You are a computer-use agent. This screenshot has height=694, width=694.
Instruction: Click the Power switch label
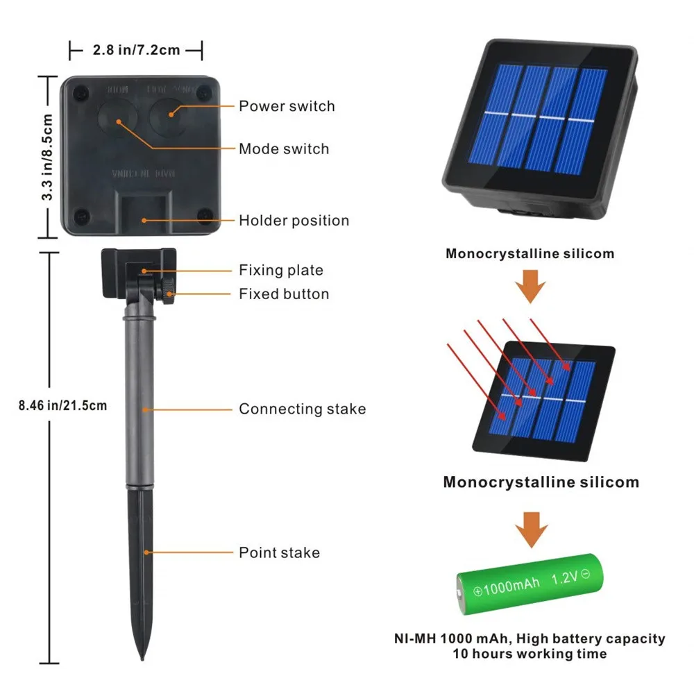[x=287, y=106]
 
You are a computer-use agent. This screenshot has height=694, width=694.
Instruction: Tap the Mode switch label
[x=284, y=149]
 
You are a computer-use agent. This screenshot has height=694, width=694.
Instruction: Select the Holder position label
[x=294, y=221]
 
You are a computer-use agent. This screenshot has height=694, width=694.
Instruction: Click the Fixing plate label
[x=281, y=270]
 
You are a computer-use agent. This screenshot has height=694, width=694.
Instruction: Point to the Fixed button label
[x=284, y=294]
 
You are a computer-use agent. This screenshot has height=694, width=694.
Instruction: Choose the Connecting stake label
[x=302, y=409]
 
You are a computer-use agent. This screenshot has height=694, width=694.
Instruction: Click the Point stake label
[x=279, y=552]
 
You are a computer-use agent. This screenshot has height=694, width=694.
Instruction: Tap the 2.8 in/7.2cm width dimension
[x=136, y=49]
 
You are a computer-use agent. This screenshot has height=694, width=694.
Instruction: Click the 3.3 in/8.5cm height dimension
[x=47, y=157]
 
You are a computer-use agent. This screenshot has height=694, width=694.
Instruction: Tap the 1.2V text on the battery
[x=566, y=577]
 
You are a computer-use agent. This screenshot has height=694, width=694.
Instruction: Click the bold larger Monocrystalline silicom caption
[x=541, y=482]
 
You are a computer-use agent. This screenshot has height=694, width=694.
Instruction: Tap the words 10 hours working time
[x=530, y=654]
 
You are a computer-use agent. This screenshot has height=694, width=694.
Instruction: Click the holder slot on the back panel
[x=146, y=208]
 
